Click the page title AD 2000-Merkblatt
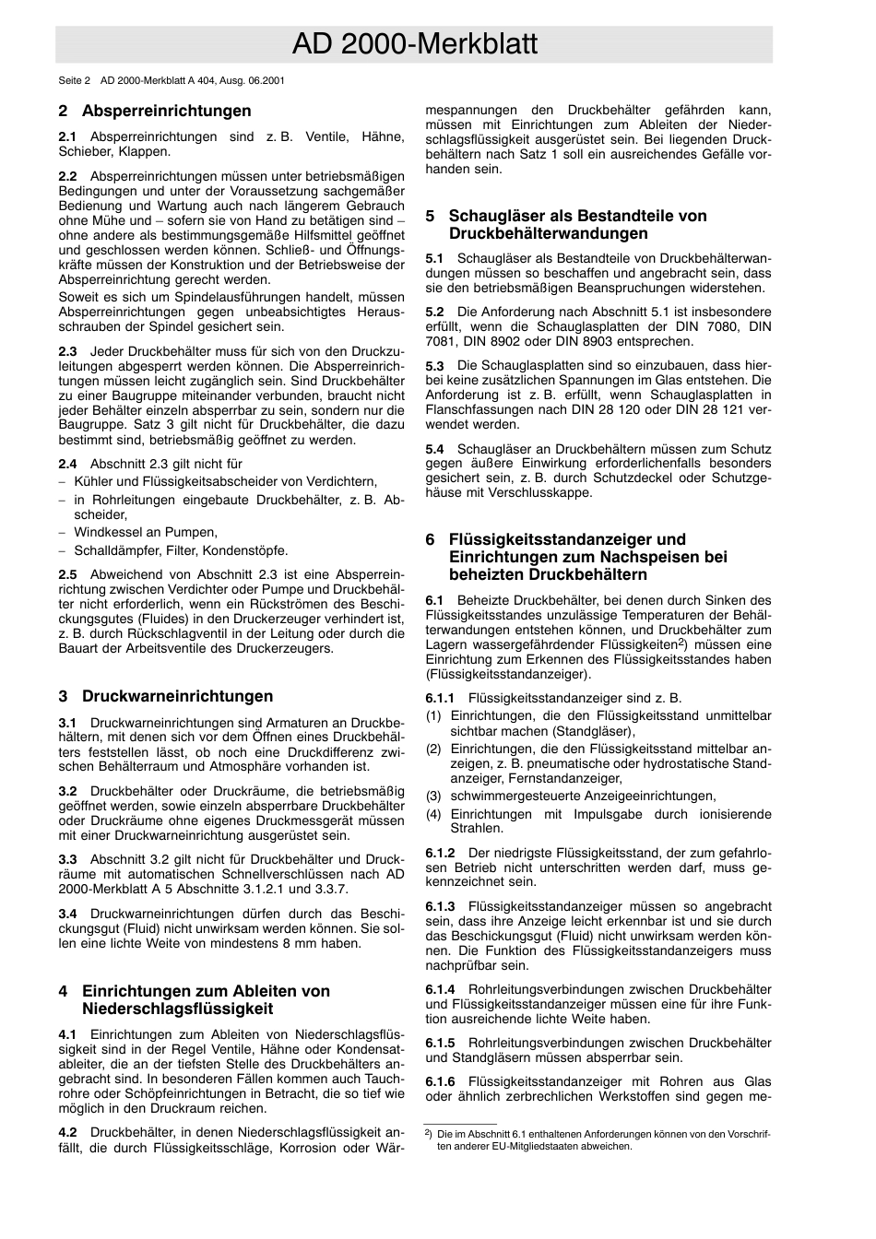click(x=414, y=44)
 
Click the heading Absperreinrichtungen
click(x=166, y=112)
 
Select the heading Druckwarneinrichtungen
click(x=177, y=696)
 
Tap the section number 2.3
click(x=67, y=351)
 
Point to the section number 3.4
click(x=67, y=914)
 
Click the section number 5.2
click(x=434, y=313)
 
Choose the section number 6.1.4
click(x=440, y=989)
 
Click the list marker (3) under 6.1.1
click(x=433, y=796)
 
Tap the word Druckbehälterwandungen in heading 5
click(x=548, y=234)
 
